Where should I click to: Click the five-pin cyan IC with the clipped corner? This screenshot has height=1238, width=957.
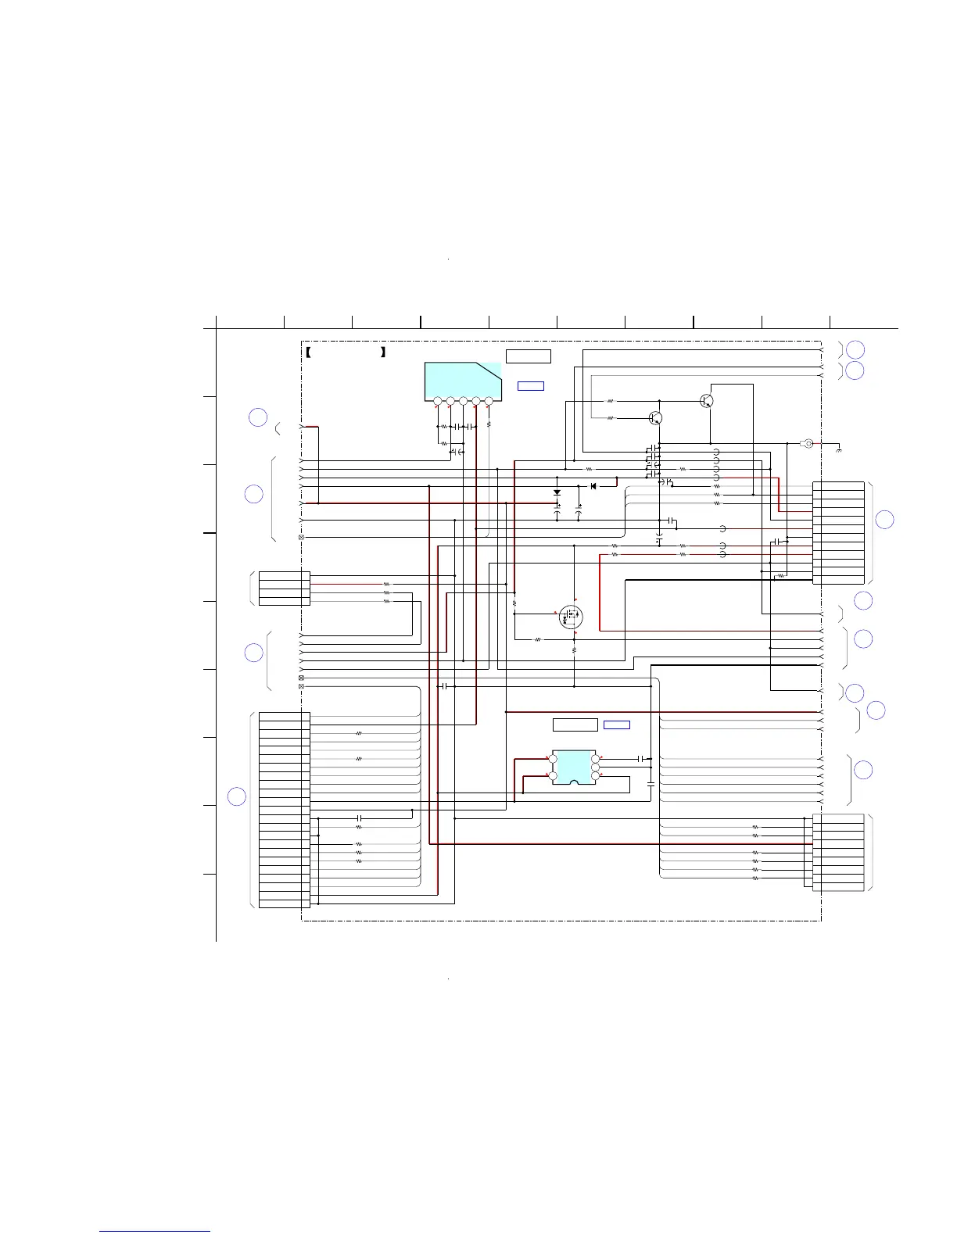click(462, 381)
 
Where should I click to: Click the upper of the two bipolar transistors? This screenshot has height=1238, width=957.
click(707, 401)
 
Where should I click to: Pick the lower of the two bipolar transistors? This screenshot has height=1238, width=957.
click(657, 418)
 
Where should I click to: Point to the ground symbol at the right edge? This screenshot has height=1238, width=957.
click(839, 449)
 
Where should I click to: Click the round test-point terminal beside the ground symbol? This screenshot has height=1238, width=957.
click(809, 444)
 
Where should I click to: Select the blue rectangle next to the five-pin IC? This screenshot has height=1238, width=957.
click(531, 386)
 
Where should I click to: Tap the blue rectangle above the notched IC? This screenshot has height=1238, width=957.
click(617, 725)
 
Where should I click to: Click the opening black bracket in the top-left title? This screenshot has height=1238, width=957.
click(309, 352)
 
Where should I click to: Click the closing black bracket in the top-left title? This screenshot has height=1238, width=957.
click(383, 352)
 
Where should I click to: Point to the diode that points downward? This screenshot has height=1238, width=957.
click(557, 493)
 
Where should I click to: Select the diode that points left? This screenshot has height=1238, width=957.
click(593, 486)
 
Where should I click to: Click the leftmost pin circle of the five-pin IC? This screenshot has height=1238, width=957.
click(438, 402)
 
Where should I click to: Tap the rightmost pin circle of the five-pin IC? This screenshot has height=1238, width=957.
click(489, 402)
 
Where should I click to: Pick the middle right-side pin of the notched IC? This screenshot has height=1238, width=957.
click(596, 767)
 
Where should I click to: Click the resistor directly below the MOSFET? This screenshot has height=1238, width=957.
click(575, 649)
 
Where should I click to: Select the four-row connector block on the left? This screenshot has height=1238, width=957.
click(284, 589)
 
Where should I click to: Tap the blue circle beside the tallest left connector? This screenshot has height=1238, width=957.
click(237, 797)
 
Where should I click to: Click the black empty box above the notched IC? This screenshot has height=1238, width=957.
click(575, 725)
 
